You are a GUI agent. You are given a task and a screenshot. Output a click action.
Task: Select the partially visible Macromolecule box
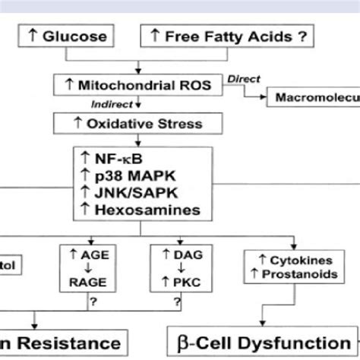click(x=311, y=97)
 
